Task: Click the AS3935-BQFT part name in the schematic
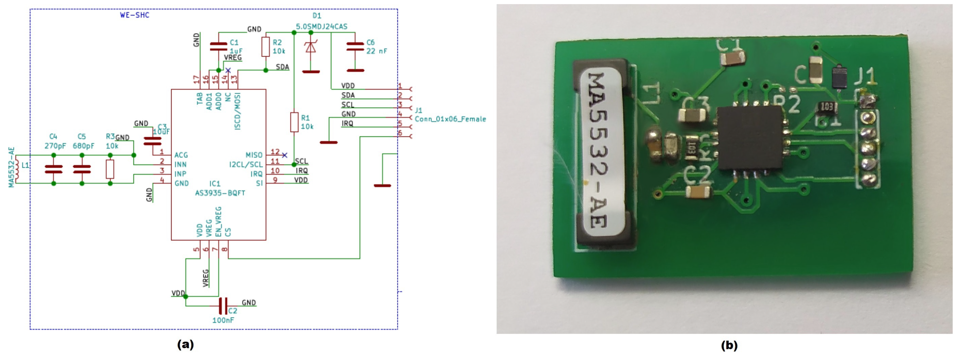coord(220,193)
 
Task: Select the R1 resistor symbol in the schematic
coord(294,122)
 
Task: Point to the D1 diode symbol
coord(310,47)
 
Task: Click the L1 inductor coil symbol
coord(16,169)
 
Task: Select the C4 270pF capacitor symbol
coord(53,169)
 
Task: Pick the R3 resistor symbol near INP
coord(110,169)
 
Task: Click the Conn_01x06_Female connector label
coord(450,119)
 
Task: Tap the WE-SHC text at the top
coord(135,15)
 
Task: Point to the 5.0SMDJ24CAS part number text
coord(322,27)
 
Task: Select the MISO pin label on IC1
coord(254,155)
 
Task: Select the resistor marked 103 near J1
coord(826,107)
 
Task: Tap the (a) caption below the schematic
coord(186,344)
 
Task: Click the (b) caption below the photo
coord(729,345)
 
